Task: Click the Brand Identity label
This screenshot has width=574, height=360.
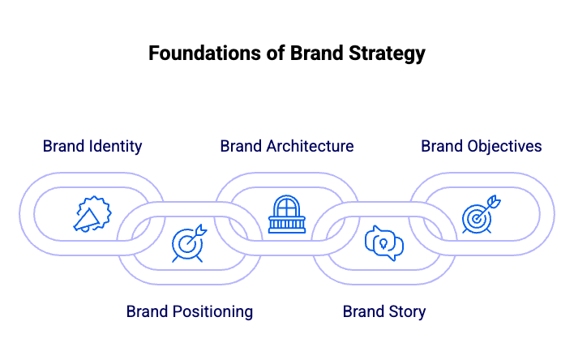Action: click(x=92, y=147)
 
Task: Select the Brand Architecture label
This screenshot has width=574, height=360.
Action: click(x=286, y=147)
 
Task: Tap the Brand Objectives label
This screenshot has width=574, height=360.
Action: click(x=481, y=147)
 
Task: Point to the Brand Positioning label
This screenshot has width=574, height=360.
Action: click(x=190, y=311)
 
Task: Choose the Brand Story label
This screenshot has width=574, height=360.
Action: click(x=384, y=311)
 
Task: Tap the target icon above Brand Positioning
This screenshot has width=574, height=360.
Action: click(x=188, y=243)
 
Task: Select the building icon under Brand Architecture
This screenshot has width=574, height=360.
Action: click(x=286, y=215)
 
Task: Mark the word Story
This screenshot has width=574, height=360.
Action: click(x=406, y=311)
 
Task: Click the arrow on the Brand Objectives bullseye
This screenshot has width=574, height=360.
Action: click(x=491, y=204)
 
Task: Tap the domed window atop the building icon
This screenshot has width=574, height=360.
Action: click(x=286, y=206)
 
